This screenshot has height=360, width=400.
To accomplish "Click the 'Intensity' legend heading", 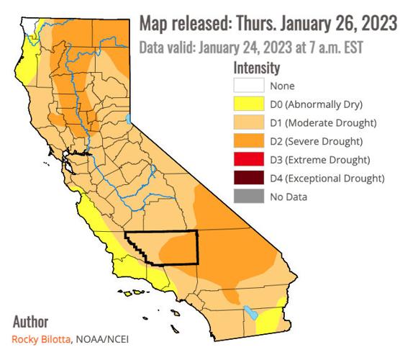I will pyautogui.click(x=257, y=67).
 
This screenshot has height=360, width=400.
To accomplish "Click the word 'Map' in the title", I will pyautogui.click(x=154, y=24).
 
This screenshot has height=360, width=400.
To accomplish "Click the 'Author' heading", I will pyautogui.click(x=31, y=322).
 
